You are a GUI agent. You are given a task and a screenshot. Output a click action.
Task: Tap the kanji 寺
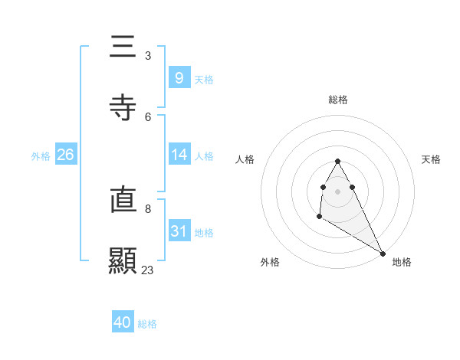pyautogui.click(x=123, y=106)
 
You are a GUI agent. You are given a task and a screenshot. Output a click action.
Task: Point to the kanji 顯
pyautogui.click(x=123, y=260)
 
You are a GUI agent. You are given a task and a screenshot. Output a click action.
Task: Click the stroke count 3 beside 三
pyautogui.click(x=148, y=56)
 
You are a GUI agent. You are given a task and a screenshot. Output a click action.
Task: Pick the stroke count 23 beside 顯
pyautogui.click(x=148, y=270)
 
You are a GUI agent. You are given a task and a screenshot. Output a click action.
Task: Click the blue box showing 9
pyautogui.click(x=179, y=77)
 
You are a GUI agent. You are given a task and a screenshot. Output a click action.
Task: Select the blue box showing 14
pyautogui.click(x=179, y=155)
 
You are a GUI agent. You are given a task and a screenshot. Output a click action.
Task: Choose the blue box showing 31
pyautogui.click(x=179, y=231)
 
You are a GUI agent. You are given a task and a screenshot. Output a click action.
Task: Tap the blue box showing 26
pyautogui.click(x=66, y=155)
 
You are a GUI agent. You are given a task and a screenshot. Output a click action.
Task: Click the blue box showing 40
pyautogui.click(x=123, y=322)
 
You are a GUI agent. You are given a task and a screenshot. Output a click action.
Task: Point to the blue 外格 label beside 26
pyautogui.click(x=41, y=155)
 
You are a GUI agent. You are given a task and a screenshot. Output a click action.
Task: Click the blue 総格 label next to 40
pyautogui.click(x=147, y=324)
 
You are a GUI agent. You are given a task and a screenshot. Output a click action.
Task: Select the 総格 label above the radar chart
pyautogui.click(x=338, y=100)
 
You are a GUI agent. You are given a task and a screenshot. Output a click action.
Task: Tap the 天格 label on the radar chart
pyautogui.click(x=432, y=159)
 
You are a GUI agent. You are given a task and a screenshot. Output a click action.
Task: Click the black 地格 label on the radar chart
pyautogui.click(x=402, y=262)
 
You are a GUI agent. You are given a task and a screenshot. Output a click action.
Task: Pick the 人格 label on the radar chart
pyautogui.click(x=245, y=159)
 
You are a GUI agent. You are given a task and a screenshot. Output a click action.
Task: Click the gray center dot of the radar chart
pyautogui.click(x=338, y=190)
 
